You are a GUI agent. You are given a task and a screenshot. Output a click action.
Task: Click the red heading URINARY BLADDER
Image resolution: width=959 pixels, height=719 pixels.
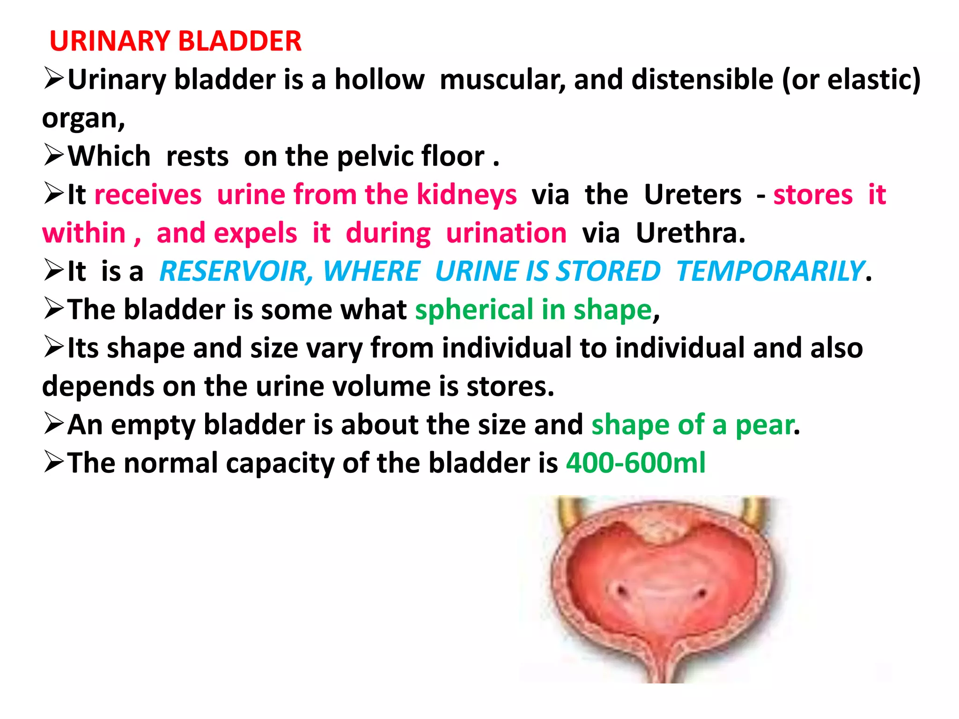pyautogui.click(x=176, y=41)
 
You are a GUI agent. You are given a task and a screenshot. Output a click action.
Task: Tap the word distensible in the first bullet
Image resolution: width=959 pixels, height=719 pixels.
pyautogui.click(x=702, y=80)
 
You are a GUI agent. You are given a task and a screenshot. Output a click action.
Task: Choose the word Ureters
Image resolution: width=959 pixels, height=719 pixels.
pyautogui.click(x=693, y=195)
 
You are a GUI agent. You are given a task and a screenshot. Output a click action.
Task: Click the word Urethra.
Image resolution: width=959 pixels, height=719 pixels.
pyautogui.click(x=690, y=233)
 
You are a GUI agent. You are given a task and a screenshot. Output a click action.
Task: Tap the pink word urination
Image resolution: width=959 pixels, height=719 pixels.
pyautogui.click(x=506, y=233)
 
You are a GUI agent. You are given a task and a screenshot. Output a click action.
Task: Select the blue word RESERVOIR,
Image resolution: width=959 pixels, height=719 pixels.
pyautogui.click(x=236, y=271)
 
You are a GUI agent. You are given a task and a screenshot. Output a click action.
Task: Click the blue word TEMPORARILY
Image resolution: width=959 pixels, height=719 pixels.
pyautogui.click(x=770, y=271)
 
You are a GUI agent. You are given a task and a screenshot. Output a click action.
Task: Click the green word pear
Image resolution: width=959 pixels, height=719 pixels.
pyautogui.click(x=765, y=425)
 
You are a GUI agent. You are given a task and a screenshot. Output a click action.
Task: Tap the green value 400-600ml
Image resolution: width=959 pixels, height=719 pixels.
pyautogui.click(x=635, y=463)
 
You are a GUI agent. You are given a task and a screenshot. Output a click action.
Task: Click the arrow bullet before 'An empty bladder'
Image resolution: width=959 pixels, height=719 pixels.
pyautogui.click(x=53, y=424)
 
